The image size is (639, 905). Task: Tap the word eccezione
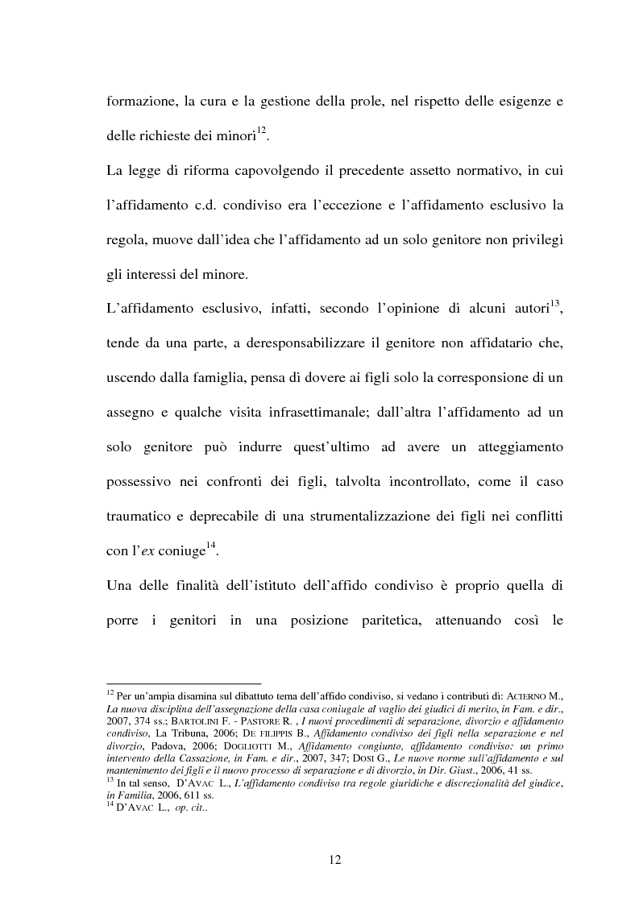tap(347, 205)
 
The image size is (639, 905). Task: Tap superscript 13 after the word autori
tap(555, 303)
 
